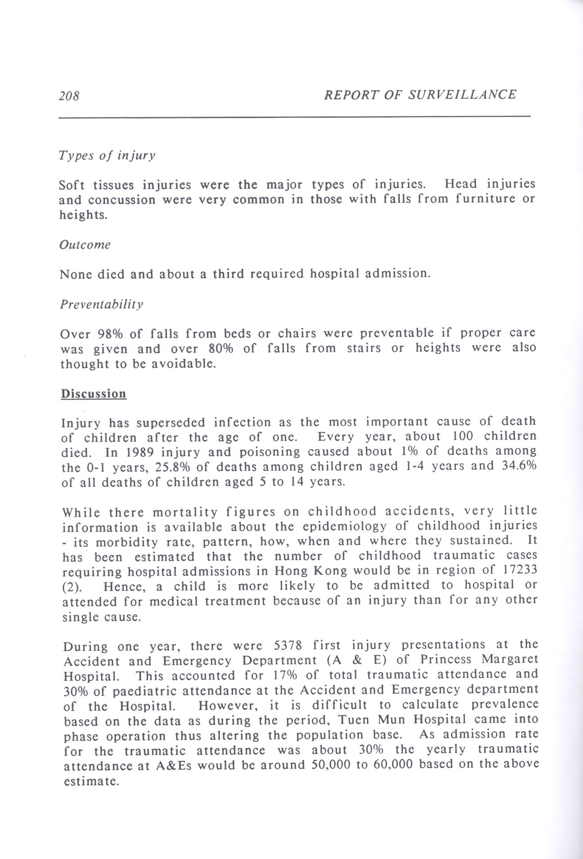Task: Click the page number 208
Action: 69,96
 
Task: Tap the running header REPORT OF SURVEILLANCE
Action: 420,94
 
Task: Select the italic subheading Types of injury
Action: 107,156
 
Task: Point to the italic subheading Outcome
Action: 85,245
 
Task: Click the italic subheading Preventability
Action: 102,305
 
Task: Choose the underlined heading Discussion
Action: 93,394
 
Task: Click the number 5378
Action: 287,646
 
